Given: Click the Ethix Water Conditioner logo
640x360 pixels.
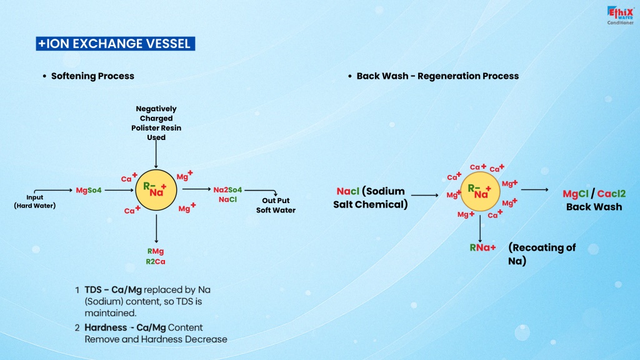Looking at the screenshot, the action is [x=620, y=16].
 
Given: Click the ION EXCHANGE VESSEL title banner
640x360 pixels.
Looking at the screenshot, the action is [x=116, y=44].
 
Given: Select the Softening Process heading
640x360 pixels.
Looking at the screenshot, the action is [x=92, y=76].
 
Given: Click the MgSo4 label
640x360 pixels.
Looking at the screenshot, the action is [x=89, y=190].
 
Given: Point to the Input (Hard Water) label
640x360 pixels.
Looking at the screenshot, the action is [x=35, y=202].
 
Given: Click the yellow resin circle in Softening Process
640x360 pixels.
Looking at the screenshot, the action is [x=156, y=190].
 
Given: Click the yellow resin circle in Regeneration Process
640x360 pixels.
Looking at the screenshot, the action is [x=480, y=191].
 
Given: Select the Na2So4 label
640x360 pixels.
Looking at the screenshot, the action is [x=227, y=190].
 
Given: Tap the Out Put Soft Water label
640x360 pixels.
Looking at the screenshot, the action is [x=276, y=205].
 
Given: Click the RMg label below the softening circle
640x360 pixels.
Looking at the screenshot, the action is [x=156, y=251].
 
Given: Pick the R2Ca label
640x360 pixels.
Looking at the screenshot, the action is [x=156, y=262].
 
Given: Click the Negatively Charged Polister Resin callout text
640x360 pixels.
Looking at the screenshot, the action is [x=156, y=123].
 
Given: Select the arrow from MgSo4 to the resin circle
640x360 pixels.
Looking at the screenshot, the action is [x=119, y=190].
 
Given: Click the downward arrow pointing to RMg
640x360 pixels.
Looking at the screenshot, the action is [x=156, y=229].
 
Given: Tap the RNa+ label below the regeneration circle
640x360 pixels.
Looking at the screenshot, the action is [x=482, y=247].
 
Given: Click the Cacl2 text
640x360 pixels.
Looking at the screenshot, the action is [x=611, y=194].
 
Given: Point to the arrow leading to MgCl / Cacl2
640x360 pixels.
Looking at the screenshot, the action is [x=535, y=190].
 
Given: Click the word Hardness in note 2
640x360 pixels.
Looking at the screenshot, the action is [x=106, y=327].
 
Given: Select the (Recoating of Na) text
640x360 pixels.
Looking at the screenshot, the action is [x=542, y=254].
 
